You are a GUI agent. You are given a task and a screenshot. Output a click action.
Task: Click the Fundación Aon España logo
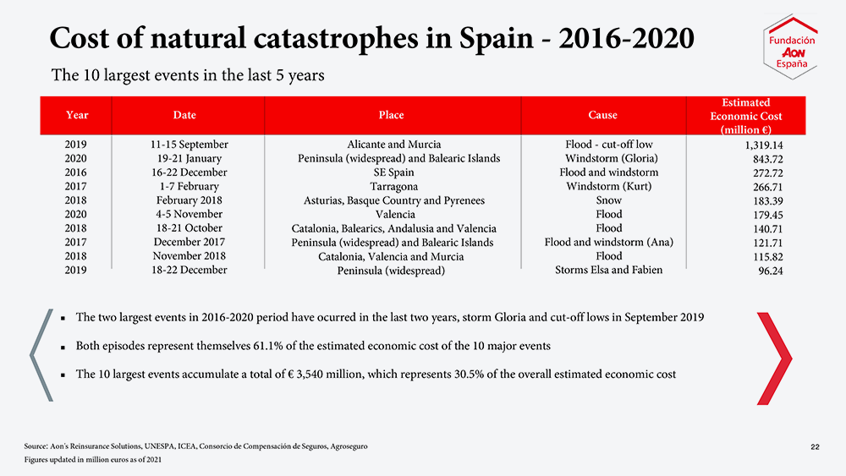pos(790,47)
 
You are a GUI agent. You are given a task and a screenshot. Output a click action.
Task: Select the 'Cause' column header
pos(602,115)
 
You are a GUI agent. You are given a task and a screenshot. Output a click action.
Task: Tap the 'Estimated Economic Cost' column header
pos(745,116)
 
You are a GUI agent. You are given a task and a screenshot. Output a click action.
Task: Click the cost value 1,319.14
pos(763,145)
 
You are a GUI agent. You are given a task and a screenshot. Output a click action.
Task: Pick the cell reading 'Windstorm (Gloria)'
pos(612,158)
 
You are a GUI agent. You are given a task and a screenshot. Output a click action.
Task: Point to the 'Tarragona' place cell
pos(394,187)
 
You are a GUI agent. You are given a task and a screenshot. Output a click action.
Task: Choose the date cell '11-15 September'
pos(190,145)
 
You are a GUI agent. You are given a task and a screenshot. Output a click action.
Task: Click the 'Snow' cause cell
pos(608,200)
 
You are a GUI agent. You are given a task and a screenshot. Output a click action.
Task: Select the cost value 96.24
pos(771,271)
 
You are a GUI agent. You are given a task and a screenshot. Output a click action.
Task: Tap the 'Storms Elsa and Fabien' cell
pos(608,270)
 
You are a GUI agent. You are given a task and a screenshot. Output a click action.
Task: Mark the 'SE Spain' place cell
pos(394,172)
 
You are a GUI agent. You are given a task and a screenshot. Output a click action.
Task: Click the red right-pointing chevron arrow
pos(775,358)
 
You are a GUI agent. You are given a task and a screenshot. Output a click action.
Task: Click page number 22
pos(815,447)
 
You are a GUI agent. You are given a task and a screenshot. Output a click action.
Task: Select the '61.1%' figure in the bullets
pos(268,346)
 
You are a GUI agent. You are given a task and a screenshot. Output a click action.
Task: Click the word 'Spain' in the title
pos(496,38)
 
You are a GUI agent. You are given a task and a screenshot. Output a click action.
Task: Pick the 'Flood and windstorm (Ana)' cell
pos(608,242)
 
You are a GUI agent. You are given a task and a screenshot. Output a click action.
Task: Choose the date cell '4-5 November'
pos(190,214)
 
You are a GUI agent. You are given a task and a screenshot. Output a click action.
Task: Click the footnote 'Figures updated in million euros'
pos(93,460)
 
